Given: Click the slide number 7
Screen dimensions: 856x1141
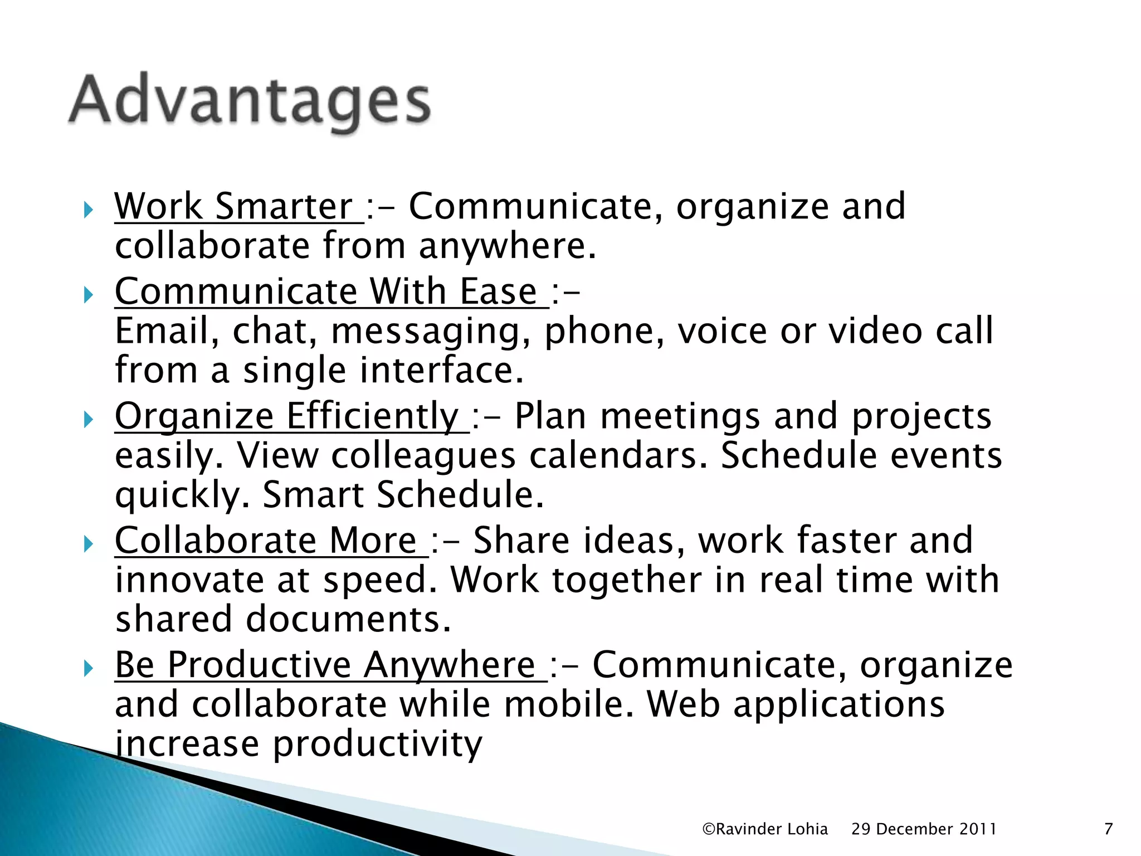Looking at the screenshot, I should [1108, 829].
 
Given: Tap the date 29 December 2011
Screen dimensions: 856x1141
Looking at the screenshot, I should [924, 829].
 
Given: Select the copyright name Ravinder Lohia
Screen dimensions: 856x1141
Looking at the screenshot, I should [765, 829].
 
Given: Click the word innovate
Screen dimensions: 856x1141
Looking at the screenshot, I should [189, 580].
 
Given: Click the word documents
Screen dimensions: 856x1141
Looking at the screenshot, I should [348, 620].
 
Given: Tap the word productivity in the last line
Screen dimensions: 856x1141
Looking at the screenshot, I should [377, 745].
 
